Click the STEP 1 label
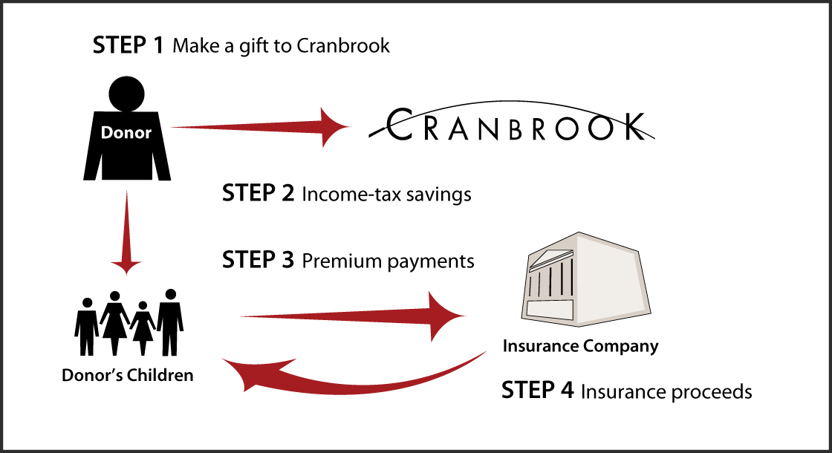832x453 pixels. (128, 45)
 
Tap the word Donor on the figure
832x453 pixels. (127, 133)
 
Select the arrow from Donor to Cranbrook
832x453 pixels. (260, 127)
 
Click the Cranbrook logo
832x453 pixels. (512, 126)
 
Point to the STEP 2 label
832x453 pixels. (259, 194)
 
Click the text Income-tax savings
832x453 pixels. (386, 195)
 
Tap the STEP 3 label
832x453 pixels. (259, 261)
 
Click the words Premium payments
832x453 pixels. (388, 261)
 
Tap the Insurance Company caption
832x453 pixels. (580, 346)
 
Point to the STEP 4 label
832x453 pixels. (538, 391)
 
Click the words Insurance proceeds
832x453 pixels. (666, 391)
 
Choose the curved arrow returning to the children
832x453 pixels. (349, 375)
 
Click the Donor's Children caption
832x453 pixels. (128, 375)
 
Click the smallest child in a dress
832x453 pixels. (143, 327)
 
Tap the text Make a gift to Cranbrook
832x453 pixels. (281, 46)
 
